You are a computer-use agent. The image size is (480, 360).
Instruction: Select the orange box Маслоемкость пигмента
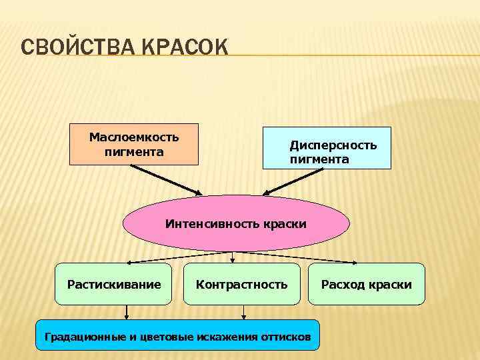(x=134, y=144)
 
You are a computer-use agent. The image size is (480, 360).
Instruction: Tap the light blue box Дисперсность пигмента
(x=327, y=147)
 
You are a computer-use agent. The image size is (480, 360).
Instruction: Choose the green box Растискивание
(x=113, y=284)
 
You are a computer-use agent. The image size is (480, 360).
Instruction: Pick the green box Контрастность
(x=241, y=284)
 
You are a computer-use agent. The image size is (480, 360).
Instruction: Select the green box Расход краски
(x=366, y=284)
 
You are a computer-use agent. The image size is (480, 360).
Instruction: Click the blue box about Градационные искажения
(x=177, y=335)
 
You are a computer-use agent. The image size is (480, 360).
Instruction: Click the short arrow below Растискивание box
(x=127, y=312)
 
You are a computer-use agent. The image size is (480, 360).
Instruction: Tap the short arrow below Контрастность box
(x=243, y=312)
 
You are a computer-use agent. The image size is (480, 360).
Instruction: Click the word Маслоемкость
(x=134, y=137)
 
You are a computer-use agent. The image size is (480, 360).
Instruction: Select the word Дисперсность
(x=333, y=145)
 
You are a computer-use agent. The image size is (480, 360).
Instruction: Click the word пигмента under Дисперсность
(x=319, y=159)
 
